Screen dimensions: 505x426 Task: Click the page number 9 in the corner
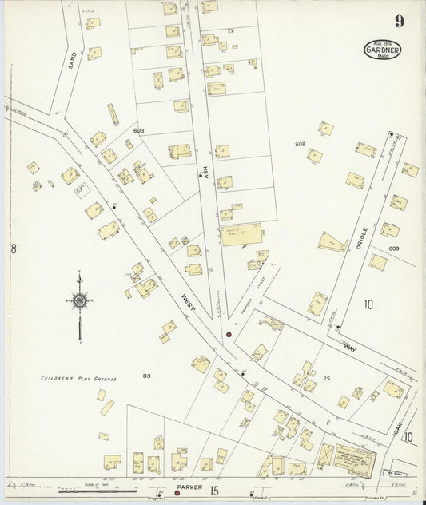pyautogui.click(x=398, y=22)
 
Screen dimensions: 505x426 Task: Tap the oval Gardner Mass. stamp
pyautogui.click(x=384, y=50)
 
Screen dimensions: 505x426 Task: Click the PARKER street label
pyautogui.click(x=190, y=487)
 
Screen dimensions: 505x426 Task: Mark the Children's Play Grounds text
pyautogui.click(x=79, y=377)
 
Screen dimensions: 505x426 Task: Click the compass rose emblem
pyautogui.click(x=79, y=301)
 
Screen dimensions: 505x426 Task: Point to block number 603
pyautogui.click(x=139, y=130)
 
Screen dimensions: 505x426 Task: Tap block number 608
pyautogui.click(x=300, y=144)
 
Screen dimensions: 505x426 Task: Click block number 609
pyautogui.click(x=394, y=249)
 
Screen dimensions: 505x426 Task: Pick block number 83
pyautogui.click(x=146, y=376)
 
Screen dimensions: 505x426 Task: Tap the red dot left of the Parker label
pyautogui.click(x=177, y=493)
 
